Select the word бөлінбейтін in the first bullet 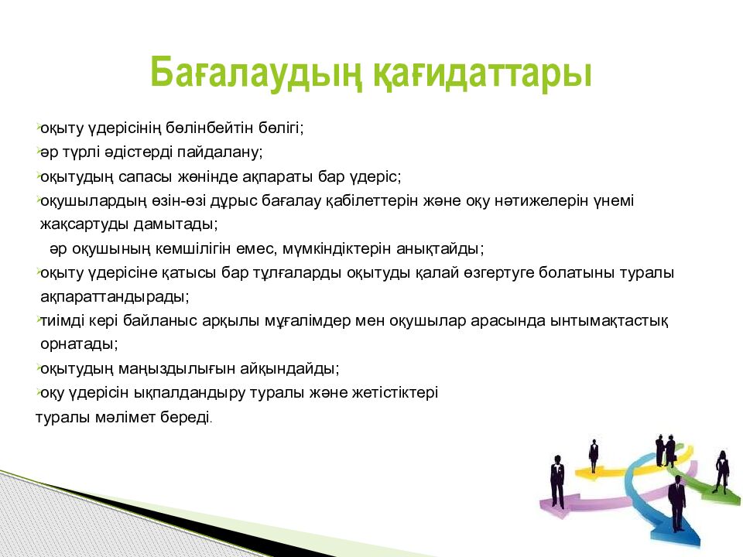[x=210, y=128]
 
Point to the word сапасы [x=145, y=176]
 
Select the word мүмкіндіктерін [x=337, y=248]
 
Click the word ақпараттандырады [x=115, y=296]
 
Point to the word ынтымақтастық [x=609, y=320]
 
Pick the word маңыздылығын [x=176, y=368]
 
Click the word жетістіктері [x=395, y=393]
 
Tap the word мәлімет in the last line [x=125, y=417]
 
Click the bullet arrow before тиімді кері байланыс [x=37, y=320]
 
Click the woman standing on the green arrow [x=721, y=472]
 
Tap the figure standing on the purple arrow [x=557, y=481]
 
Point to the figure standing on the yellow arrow [x=594, y=456]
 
